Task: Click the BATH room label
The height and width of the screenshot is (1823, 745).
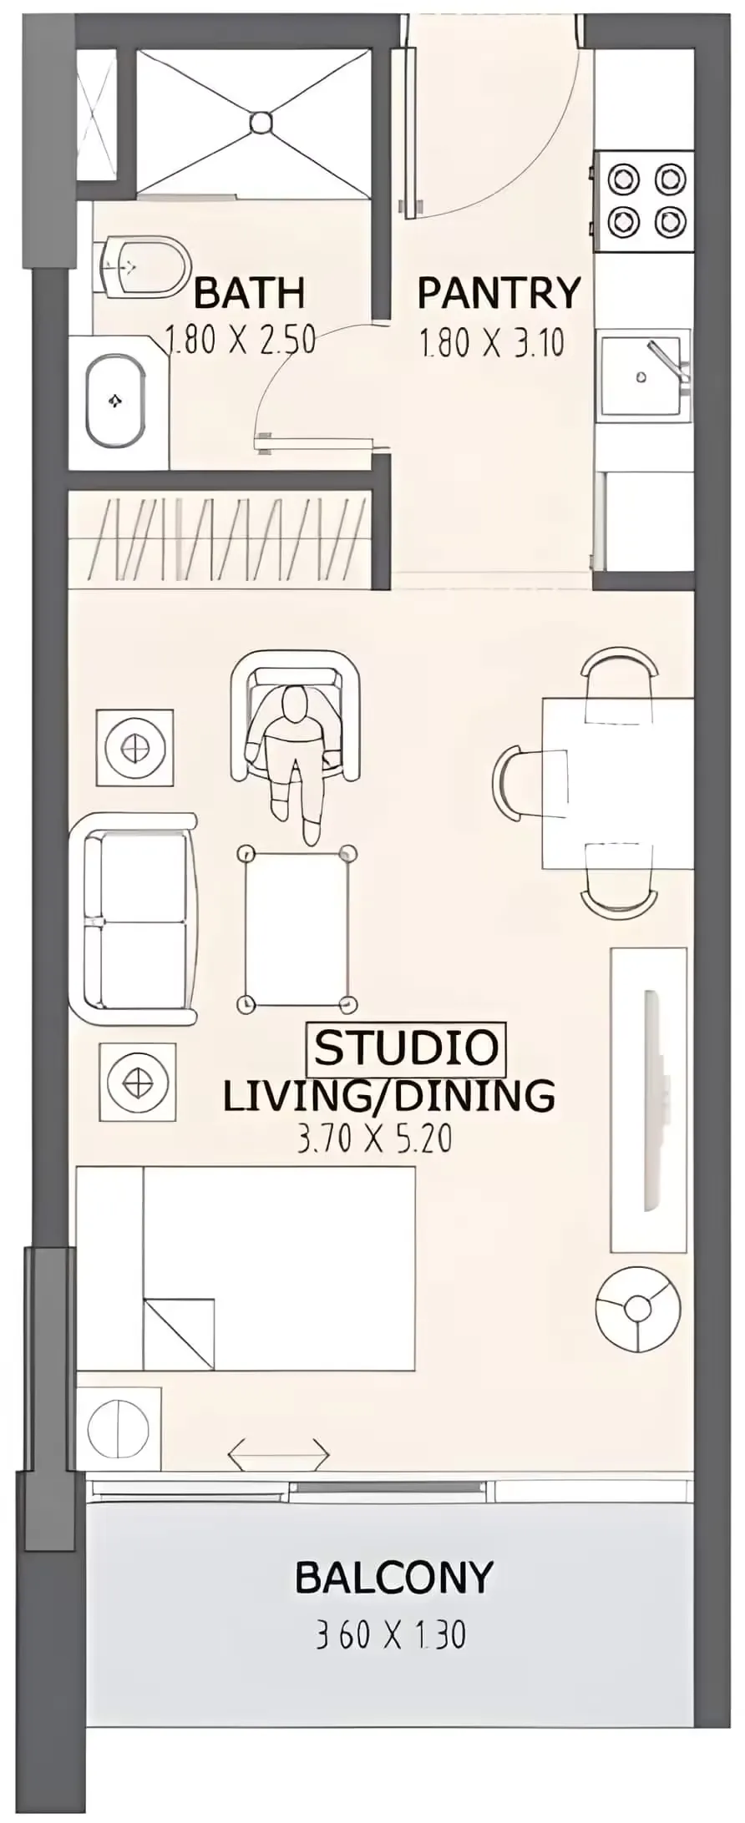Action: coord(249,294)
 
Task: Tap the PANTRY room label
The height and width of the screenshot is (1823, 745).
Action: coord(499,293)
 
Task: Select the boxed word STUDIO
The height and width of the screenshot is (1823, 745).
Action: coord(407,1048)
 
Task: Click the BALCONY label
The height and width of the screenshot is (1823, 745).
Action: coord(394,1578)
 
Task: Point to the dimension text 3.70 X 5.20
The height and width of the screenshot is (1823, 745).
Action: coord(375,1139)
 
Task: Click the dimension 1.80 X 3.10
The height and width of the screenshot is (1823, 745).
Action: coord(492,343)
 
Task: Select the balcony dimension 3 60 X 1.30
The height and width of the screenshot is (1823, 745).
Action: coord(391,1634)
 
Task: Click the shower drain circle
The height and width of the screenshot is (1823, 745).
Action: coord(261,122)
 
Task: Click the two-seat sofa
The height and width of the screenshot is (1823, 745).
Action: coord(134,919)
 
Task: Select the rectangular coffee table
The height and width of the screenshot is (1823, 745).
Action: coord(297,928)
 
